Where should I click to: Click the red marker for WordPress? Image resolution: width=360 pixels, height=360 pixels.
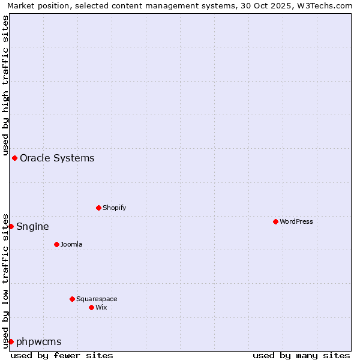click(x=275, y=221)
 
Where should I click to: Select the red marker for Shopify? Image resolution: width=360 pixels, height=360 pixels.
click(x=98, y=208)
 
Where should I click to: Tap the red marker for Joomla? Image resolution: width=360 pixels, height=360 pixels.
click(x=56, y=244)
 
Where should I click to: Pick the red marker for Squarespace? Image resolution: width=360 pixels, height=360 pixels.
click(x=72, y=299)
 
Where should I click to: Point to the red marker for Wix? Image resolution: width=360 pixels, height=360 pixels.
click(x=91, y=307)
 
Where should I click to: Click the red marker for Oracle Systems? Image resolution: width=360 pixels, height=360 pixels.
click(x=14, y=158)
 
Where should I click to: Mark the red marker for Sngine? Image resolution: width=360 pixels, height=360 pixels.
click(x=11, y=226)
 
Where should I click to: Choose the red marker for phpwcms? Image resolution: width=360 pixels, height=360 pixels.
click(x=11, y=341)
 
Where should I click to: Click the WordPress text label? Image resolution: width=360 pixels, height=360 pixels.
click(x=296, y=221)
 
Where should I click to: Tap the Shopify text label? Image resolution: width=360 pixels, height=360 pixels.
click(x=114, y=208)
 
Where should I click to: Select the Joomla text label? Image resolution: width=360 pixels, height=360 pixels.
click(x=71, y=244)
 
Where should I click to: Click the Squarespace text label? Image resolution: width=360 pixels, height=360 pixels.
click(x=97, y=299)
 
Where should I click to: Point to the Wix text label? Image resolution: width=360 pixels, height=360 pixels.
click(x=101, y=307)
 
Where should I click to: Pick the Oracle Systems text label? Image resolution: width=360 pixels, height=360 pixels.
click(x=57, y=158)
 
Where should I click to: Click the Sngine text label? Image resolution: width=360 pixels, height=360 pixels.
click(x=32, y=226)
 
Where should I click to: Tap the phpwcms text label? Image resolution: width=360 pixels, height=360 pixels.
click(x=38, y=341)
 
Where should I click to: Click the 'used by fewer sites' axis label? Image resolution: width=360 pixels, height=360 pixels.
click(x=62, y=355)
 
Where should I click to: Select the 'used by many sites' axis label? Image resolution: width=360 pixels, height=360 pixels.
click(x=301, y=355)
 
